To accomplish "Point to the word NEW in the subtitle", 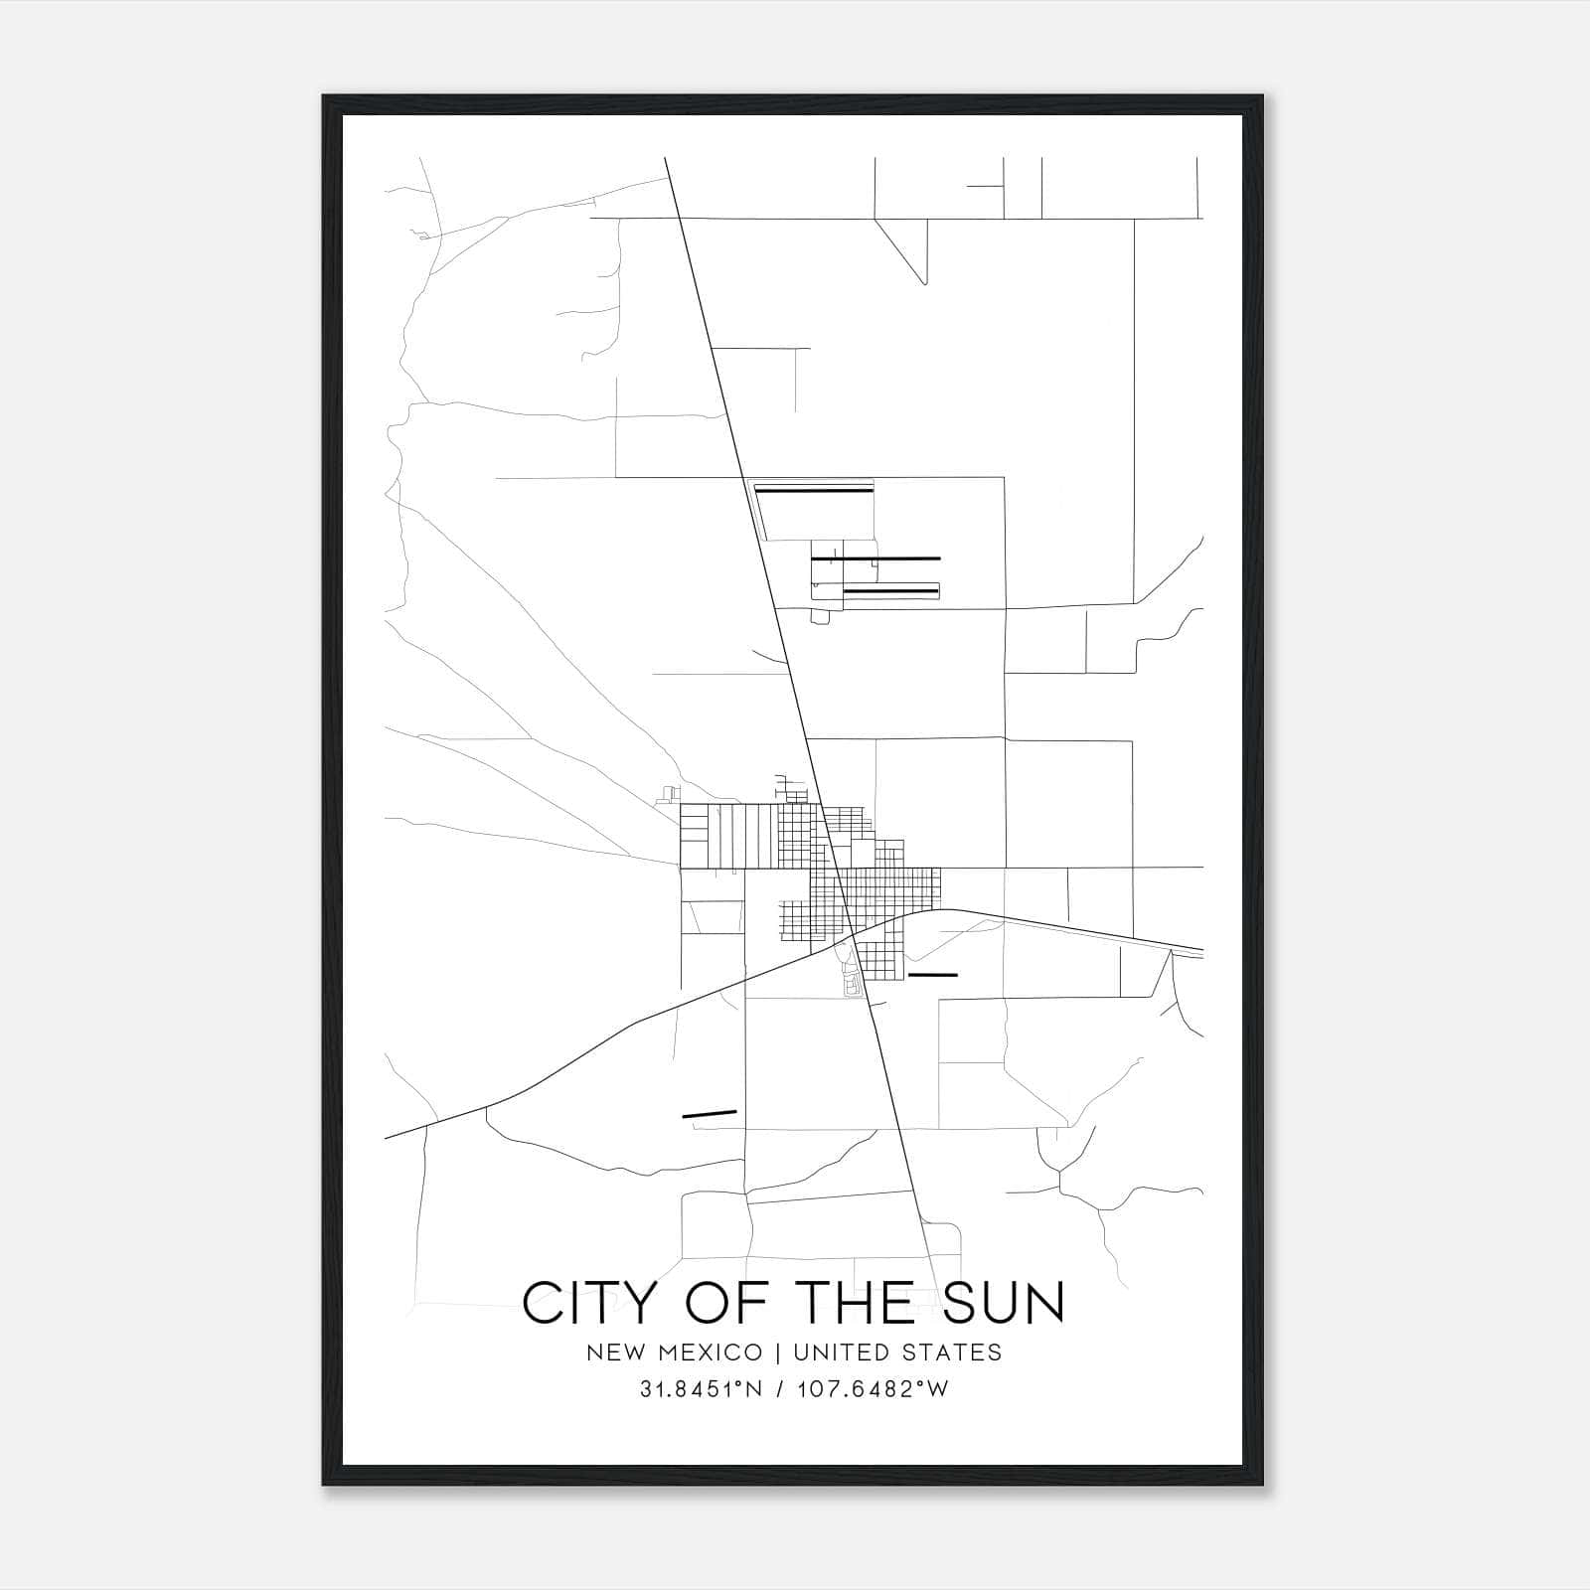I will [613, 1352].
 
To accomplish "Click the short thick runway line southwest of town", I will [710, 1114].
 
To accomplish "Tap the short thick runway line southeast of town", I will [932, 975].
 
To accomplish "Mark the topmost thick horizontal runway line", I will [814, 489].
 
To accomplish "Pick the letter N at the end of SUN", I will [1043, 1303].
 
